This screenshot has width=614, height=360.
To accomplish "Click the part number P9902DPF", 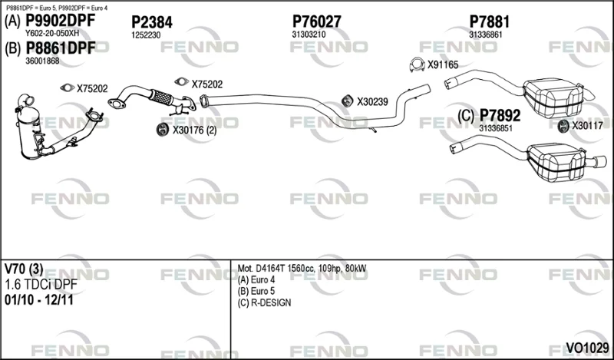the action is [x=61, y=21].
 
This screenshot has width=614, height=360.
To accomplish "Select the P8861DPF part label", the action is [x=61, y=48].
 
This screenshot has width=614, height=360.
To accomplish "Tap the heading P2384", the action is [x=151, y=22].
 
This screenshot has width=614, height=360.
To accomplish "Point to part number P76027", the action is [x=317, y=22].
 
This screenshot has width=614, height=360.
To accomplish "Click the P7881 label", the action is [x=490, y=22].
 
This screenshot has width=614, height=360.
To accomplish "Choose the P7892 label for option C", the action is [x=500, y=116].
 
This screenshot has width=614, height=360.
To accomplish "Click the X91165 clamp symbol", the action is [x=417, y=64].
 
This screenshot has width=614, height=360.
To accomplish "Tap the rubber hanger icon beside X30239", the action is [x=347, y=101].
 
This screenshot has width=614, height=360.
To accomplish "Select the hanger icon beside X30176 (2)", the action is [x=163, y=130].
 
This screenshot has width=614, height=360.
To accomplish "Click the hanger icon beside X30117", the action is [x=563, y=126].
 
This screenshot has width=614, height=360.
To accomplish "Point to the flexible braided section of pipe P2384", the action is [x=161, y=97].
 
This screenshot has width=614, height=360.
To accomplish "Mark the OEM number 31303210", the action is [x=309, y=35].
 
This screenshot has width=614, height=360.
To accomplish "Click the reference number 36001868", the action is [x=42, y=61].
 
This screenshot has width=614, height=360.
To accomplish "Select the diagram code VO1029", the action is [x=587, y=348].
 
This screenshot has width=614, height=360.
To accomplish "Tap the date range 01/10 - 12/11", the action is [x=39, y=300].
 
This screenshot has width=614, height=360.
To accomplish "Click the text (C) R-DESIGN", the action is [x=264, y=302].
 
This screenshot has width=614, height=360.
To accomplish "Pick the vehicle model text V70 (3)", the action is [x=24, y=269].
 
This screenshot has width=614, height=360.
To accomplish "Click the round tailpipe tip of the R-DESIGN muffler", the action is [x=601, y=161].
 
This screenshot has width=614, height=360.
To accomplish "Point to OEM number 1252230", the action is [x=146, y=35].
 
